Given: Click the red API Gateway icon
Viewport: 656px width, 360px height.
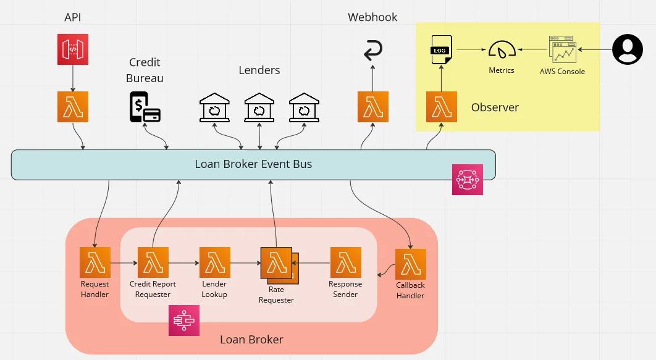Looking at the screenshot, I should pyautogui.click(x=73, y=49).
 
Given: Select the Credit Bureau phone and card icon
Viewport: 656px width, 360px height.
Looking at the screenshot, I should pyautogui.click(x=145, y=107).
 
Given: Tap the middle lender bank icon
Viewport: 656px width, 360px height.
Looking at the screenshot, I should pyautogui.click(x=259, y=107).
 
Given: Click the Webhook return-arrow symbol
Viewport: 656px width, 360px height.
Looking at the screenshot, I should pyautogui.click(x=373, y=51).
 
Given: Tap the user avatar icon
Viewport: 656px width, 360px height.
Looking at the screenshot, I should pyautogui.click(x=627, y=49).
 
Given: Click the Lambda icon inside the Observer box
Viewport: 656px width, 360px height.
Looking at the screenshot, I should pyautogui.click(x=442, y=107).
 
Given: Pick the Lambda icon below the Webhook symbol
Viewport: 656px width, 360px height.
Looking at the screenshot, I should pyautogui.click(x=373, y=107).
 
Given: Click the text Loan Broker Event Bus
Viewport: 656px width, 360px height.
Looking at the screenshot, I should pyautogui.click(x=253, y=164).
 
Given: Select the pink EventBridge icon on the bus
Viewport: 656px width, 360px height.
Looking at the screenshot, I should pyautogui.click(x=468, y=180).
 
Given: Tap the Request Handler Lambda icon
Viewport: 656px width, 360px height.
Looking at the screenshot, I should pyautogui.click(x=95, y=262).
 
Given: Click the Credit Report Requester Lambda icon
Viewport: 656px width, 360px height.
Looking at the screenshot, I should pyautogui.click(x=153, y=262).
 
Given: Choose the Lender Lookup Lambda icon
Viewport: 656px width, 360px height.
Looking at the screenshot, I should pyautogui.click(x=215, y=262).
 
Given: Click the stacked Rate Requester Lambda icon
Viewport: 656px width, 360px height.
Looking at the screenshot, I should pyautogui.click(x=277, y=264).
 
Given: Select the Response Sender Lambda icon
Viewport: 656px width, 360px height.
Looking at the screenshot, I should pyautogui.click(x=346, y=262).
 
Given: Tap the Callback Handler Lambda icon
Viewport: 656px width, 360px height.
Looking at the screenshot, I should pyautogui.click(x=411, y=264).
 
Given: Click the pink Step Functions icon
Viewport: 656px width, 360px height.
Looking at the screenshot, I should pyautogui.click(x=184, y=320).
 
